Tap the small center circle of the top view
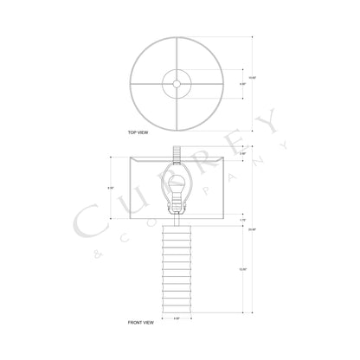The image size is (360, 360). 177,83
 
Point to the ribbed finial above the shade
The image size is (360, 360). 177,151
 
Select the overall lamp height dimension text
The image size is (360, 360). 251,229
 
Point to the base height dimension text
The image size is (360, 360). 242,269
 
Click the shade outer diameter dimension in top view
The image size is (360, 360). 252,79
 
